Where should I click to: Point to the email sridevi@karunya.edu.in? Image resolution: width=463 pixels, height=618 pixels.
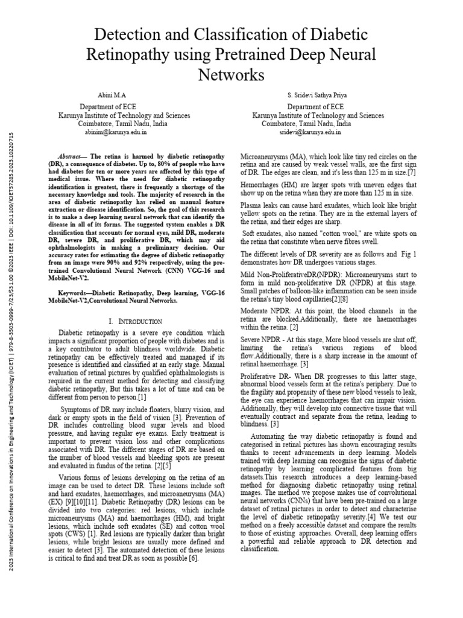(x=310, y=131)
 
